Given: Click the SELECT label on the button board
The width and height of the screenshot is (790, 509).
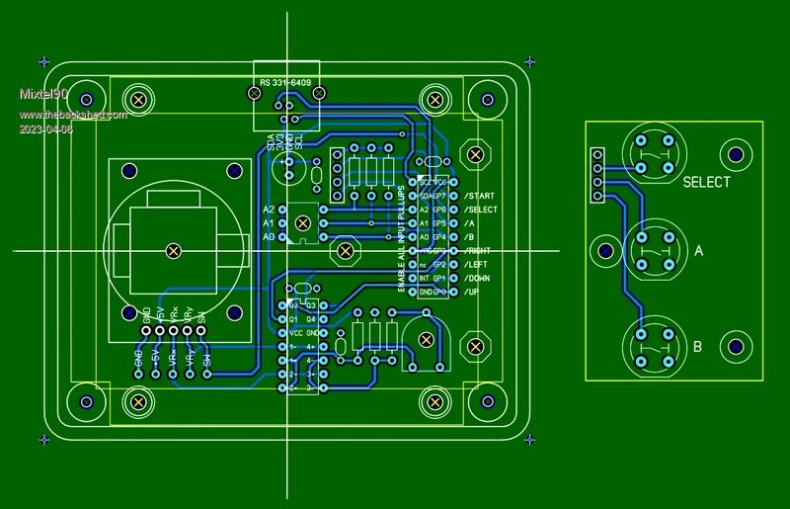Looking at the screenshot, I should (x=706, y=183).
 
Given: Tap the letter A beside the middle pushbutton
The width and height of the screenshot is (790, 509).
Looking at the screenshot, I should (x=699, y=252).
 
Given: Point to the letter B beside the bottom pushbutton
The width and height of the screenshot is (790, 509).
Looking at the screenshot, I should (x=698, y=347).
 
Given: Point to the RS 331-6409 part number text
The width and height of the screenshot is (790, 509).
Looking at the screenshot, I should (x=284, y=82).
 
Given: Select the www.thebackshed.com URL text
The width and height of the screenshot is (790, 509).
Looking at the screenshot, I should (x=73, y=116).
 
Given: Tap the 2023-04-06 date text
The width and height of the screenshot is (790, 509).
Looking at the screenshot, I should (x=45, y=129).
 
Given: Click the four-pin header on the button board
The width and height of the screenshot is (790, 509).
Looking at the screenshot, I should (x=596, y=175).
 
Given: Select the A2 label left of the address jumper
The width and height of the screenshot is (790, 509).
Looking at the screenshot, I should (x=269, y=211).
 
